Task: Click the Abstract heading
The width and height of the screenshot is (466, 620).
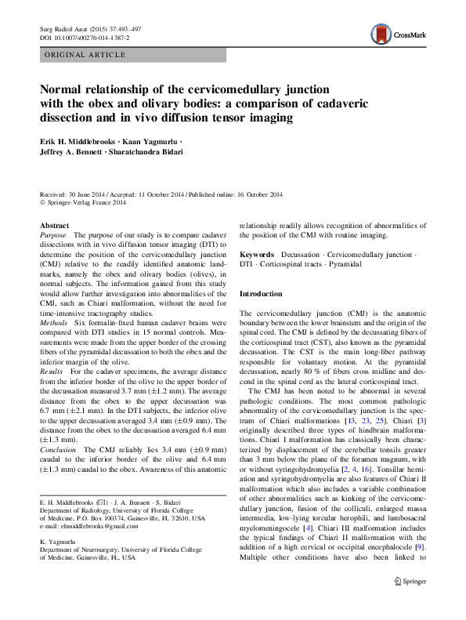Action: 53,225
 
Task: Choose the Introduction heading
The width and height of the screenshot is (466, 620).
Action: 261,294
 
